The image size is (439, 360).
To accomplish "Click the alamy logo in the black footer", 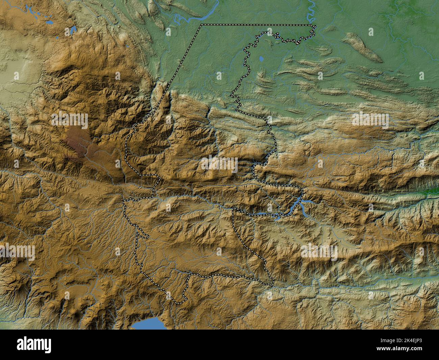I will (x=34, y=345).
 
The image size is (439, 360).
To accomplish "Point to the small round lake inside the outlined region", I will (x=261, y=59).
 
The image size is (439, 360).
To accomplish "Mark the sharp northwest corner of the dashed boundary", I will (x=201, y=25).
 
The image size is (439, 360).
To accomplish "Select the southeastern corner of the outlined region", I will (x=273, y=282).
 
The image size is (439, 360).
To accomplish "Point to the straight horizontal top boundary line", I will (x=257, y=25).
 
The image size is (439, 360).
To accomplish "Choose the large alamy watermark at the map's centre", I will (x=219, y=164).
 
